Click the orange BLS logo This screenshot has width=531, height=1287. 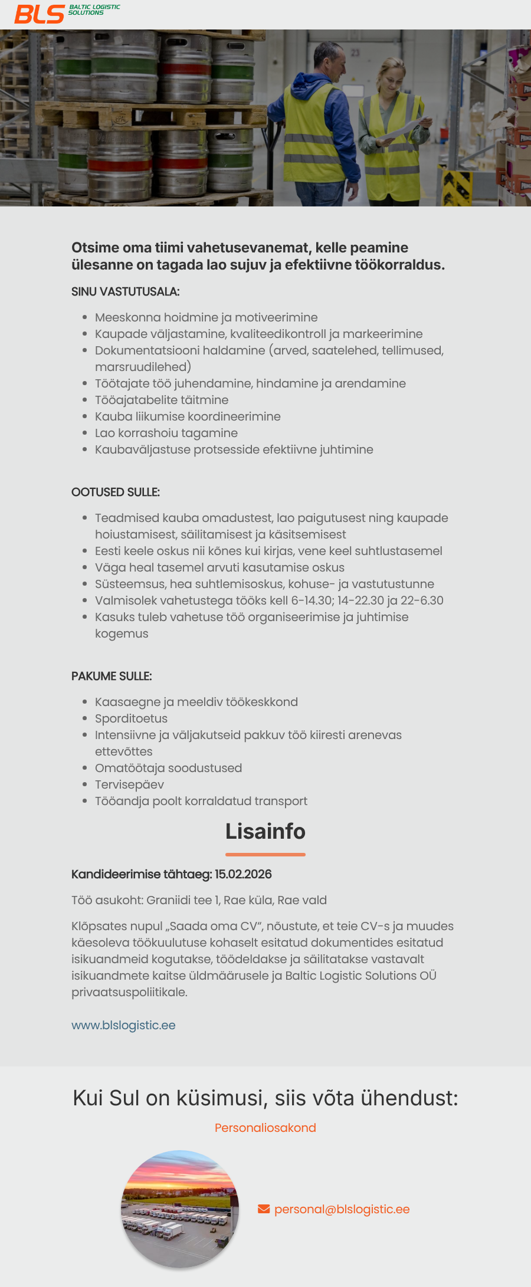[40, 14]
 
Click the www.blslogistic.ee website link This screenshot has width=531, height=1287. [123, 1025]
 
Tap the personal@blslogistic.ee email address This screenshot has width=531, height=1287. [342, 1209]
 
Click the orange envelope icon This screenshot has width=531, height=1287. [264, 1209]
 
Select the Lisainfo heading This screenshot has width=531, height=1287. [265, 831]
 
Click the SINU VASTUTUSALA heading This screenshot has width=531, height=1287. [125, 291]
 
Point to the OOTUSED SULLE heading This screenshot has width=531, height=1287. [115, 492]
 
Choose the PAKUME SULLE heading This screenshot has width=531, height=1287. [112, 676]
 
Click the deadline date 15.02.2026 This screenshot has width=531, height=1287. [243, 874]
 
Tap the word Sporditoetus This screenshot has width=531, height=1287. [131, 718]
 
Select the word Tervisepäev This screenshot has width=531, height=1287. [129, 784]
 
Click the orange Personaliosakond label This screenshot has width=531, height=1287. [265, 1128]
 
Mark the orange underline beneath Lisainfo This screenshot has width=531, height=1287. [265, 854]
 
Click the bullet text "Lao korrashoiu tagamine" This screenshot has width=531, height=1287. [166, 433]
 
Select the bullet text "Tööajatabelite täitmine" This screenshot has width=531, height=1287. [162, 400]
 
